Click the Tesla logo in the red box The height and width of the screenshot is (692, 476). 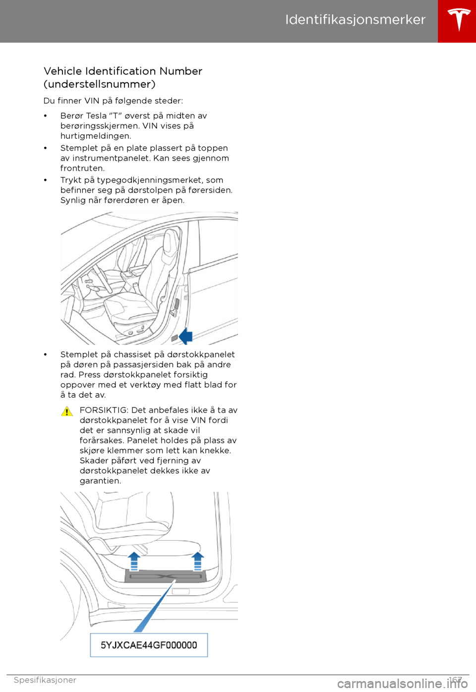[459, 20]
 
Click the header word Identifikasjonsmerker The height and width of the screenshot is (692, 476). [355, 20]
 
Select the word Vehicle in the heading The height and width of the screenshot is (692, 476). [62, 71]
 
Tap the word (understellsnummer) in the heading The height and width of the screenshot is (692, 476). [99, 84]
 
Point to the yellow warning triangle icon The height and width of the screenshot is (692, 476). [67, 411]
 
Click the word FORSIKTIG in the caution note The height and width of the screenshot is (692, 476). [103, 410]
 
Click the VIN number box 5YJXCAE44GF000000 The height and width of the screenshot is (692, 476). [149, 645]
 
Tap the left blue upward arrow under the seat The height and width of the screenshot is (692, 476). [134, 561]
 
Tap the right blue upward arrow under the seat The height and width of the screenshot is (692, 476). [197, 561]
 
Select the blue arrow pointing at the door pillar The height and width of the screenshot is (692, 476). [185, 336]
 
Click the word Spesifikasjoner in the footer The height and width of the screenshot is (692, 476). [45, 680]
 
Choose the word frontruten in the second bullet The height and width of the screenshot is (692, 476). [82, 169]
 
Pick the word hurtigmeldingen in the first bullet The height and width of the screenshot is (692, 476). [95, 136]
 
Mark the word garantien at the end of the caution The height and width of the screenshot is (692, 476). [100, 481]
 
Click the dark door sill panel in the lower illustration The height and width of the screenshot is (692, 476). [166, 577]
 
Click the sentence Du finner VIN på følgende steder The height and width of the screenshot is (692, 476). [113, 101]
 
